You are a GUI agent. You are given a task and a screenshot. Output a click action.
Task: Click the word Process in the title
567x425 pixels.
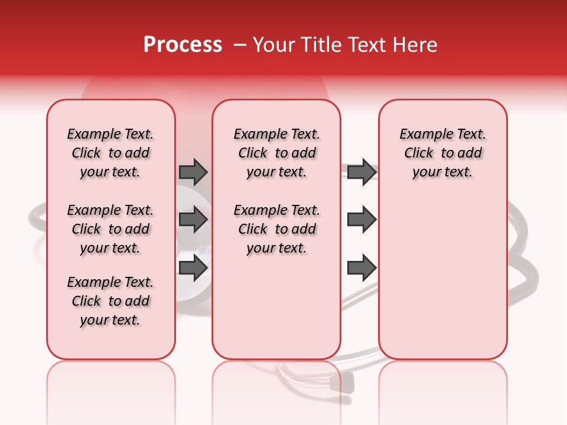pyautogui.click(x=183, y=45)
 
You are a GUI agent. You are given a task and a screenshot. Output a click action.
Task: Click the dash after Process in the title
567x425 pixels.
pyautogui.click(x=240, y=45)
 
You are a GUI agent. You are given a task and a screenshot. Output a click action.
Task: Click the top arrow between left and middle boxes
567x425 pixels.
pyautogui.click(x=193, y=172)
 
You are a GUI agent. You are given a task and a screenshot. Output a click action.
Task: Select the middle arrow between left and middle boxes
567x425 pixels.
pyautogui.click(x=193, y=220)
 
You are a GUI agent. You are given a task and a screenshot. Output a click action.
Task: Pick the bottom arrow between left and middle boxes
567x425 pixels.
pyautogui.click(x=193, y=267)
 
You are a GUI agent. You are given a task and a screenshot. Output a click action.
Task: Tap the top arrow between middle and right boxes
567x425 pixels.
pyautogui.click(x=361, y=172)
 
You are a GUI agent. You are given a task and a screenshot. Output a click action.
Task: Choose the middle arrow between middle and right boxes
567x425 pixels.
pyautogui.click(x=361, y=220)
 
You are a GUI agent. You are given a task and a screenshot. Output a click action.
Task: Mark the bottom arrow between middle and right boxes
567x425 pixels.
pyautogui.click(x=361, y=267)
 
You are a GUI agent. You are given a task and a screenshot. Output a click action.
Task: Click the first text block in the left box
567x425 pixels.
pyautogui.click(x=110, y=153)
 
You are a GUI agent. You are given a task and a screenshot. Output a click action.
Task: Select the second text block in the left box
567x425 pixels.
pyautogui.click(x=110, y=229)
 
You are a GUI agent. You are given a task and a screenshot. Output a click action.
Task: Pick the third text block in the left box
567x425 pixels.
pyautogui.click(x=110, y=301)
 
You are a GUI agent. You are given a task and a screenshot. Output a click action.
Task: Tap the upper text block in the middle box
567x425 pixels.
pyautogui.click(x=276, y=153)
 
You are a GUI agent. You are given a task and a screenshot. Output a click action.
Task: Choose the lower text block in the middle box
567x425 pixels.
pyautogui.click(x=276, y=229)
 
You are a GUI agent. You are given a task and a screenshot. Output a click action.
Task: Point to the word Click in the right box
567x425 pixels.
pyautogui.click(x=419, y=153)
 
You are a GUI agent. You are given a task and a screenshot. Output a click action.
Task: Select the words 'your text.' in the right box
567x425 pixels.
pyautogui.click(x=442, y=172)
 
